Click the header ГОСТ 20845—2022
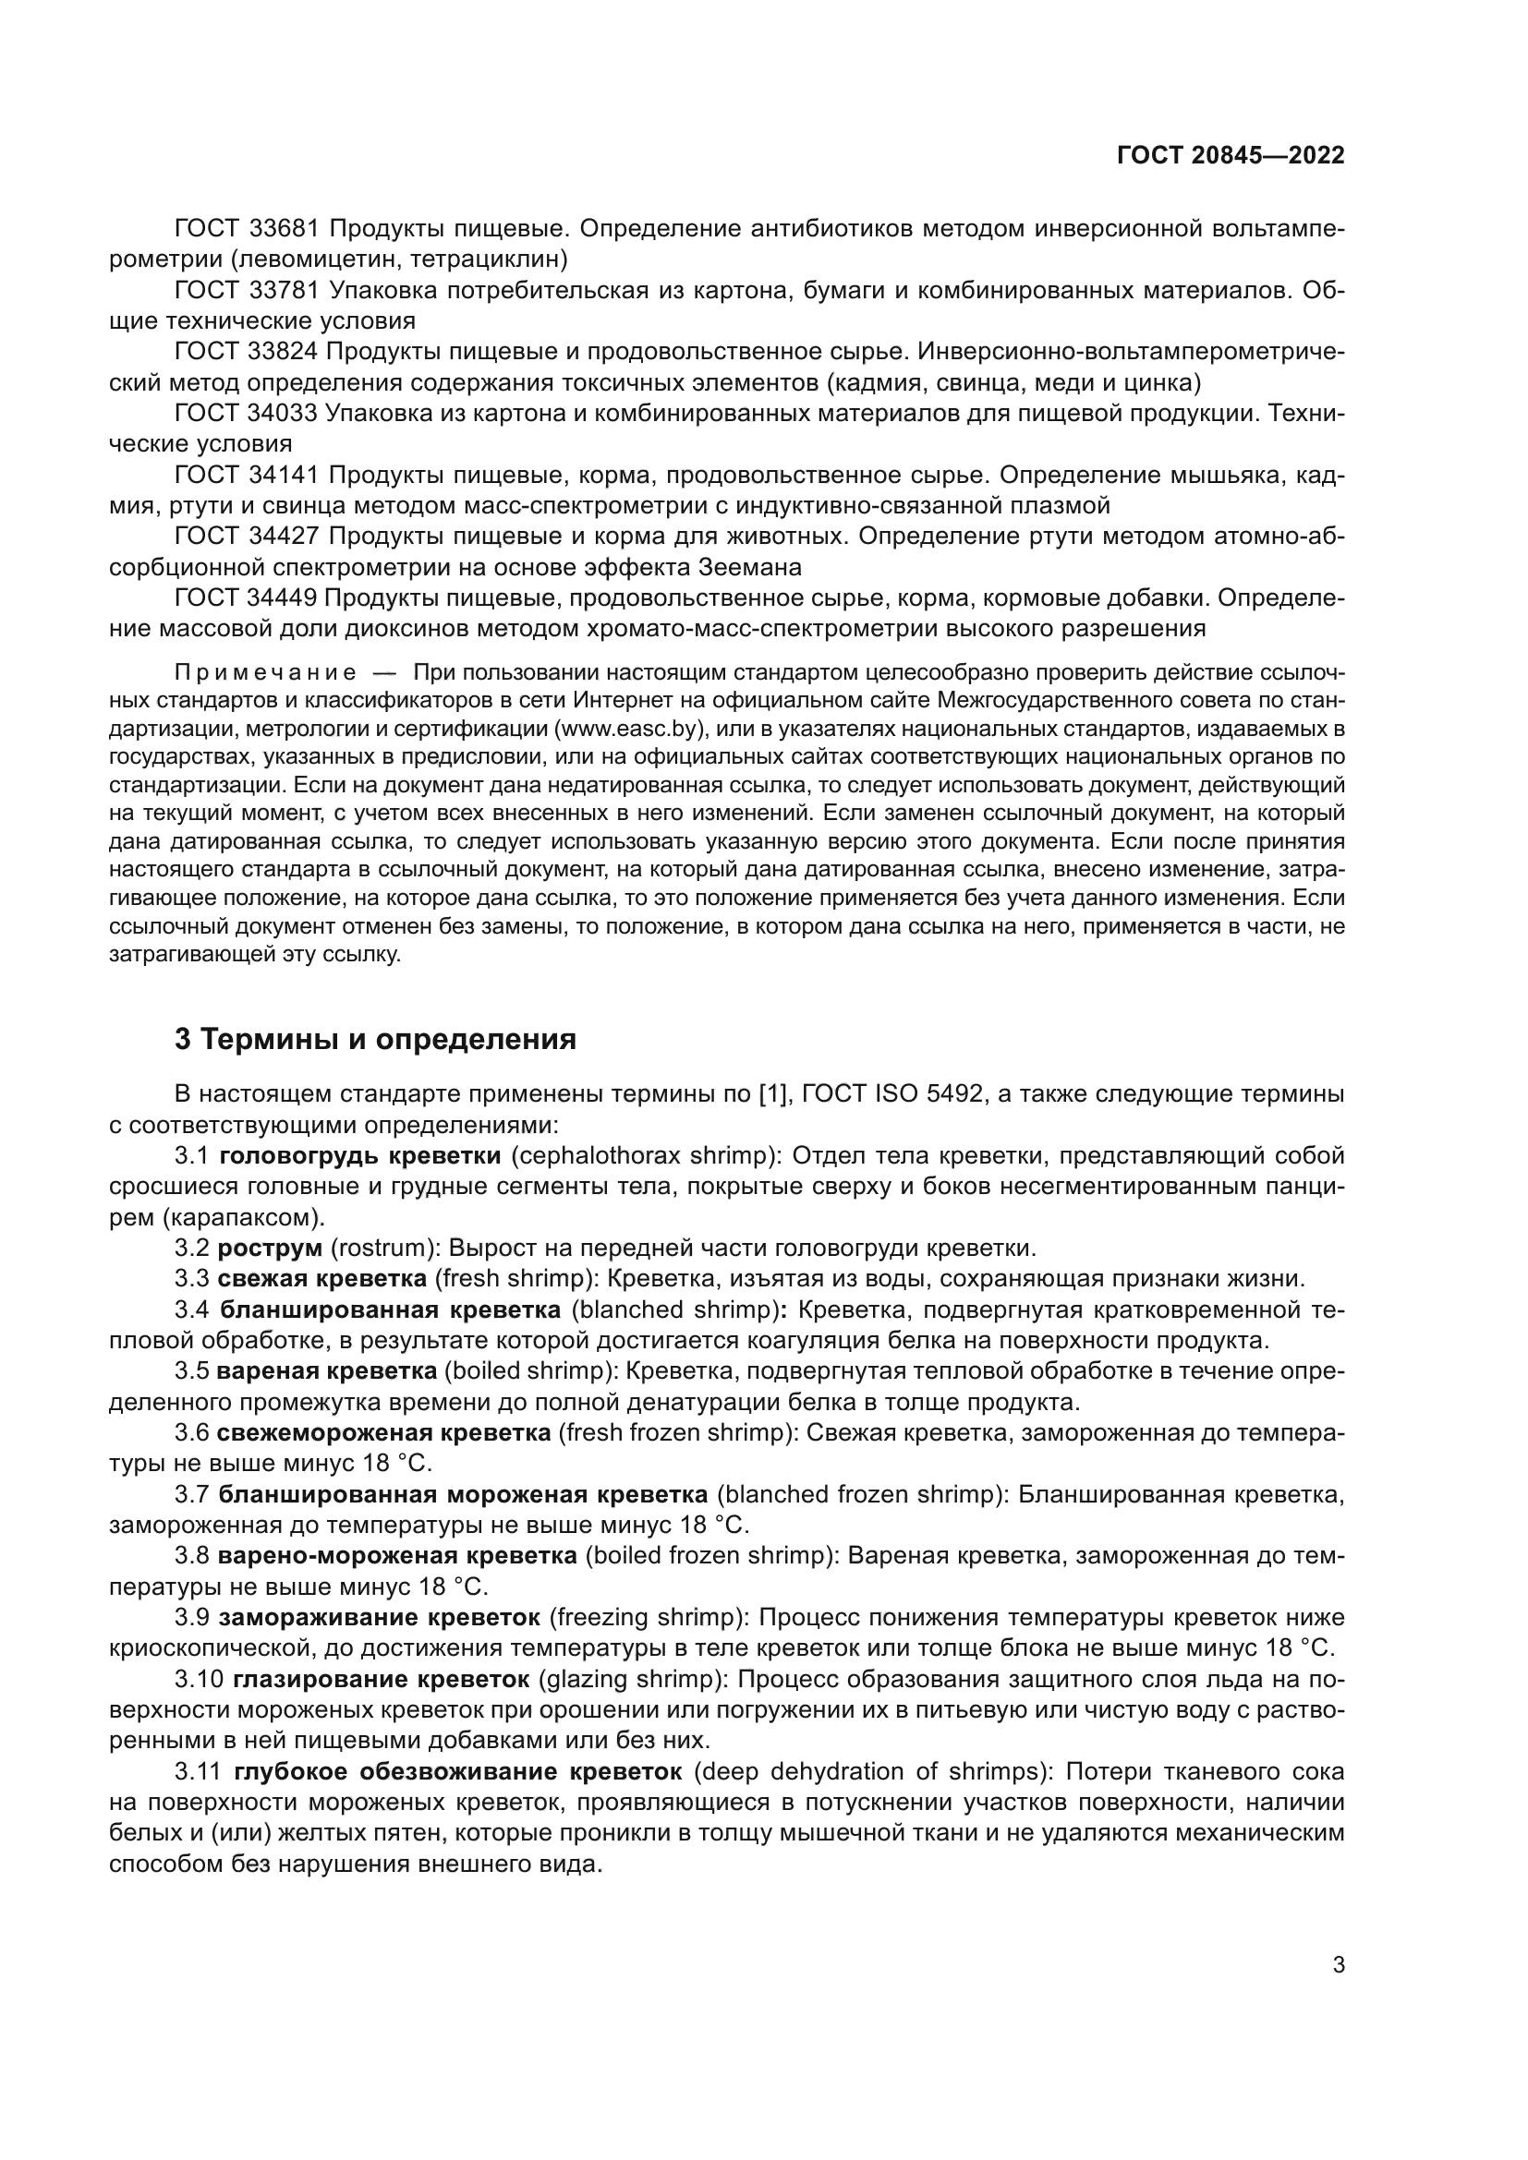1230,156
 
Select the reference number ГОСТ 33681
249,229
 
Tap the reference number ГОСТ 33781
249,291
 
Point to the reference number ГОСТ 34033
249,413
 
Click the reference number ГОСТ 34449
249,598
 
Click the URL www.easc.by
626,730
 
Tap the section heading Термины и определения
375,1040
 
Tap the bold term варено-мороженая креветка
397,1556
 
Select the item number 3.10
199,1679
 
